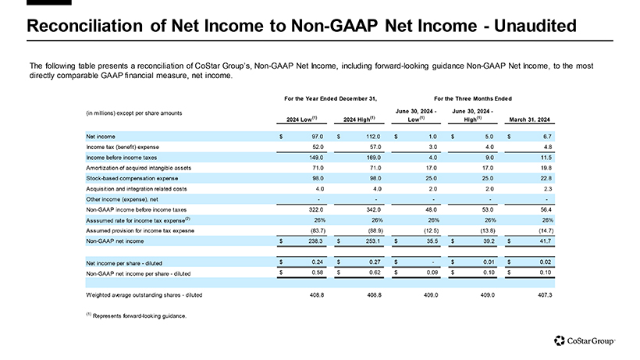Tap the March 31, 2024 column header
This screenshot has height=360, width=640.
click(530, 119)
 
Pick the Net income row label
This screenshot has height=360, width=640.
click(101, 137)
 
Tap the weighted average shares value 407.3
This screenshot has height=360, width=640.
click(540, 294)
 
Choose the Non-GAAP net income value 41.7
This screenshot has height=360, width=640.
click(541, 243)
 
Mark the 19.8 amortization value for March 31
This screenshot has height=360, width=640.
click(541, 168)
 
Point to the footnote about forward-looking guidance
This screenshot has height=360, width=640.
click(137, 315)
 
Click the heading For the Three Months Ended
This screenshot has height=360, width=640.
click(472, 98)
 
